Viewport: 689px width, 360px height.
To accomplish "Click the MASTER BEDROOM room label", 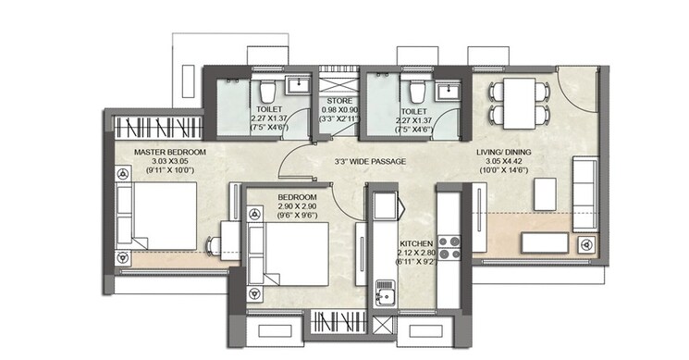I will [x=170, y=152].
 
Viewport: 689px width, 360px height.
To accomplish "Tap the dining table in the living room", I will [x=516, y=104].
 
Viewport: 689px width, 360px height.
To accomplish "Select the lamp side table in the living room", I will [x=584, y=243].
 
